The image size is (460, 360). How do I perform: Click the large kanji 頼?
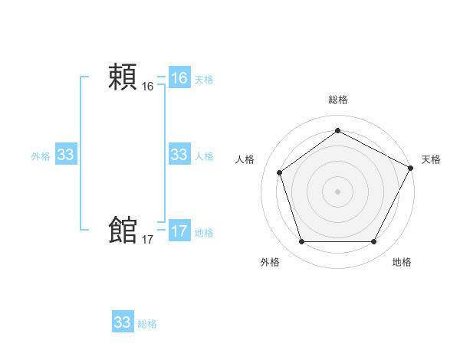pos(123,77)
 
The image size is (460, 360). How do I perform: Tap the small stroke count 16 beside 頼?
pos(148,87)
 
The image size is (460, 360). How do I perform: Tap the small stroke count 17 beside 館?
pos(148,240)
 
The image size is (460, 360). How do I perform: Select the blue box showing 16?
pos(179,78)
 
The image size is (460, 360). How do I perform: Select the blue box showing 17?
pos(179,231)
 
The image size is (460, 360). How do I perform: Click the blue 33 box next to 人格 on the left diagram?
pos(179,155)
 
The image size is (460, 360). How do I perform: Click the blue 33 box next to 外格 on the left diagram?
pos(65,155)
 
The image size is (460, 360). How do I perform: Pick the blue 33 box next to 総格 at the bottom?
pos(122,322)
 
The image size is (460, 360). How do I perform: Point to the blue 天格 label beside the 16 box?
pos(204,80)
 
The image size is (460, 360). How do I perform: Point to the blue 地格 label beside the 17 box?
pos(204,233)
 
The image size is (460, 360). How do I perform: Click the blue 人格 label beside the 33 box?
pos(204,156)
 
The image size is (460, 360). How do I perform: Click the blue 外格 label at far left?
pos(41,156)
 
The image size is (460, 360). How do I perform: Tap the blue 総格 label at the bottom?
pos(147,324)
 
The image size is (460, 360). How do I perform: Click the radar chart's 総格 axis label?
pos(337,100)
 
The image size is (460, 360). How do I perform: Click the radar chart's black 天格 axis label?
pos(431,159)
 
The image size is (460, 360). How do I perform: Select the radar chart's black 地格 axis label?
pos(402,262)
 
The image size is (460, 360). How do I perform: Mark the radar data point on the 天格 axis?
pos(412,167)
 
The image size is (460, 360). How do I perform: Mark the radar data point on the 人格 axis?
pos(280,172)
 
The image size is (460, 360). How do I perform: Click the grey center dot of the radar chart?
pos(337,191)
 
